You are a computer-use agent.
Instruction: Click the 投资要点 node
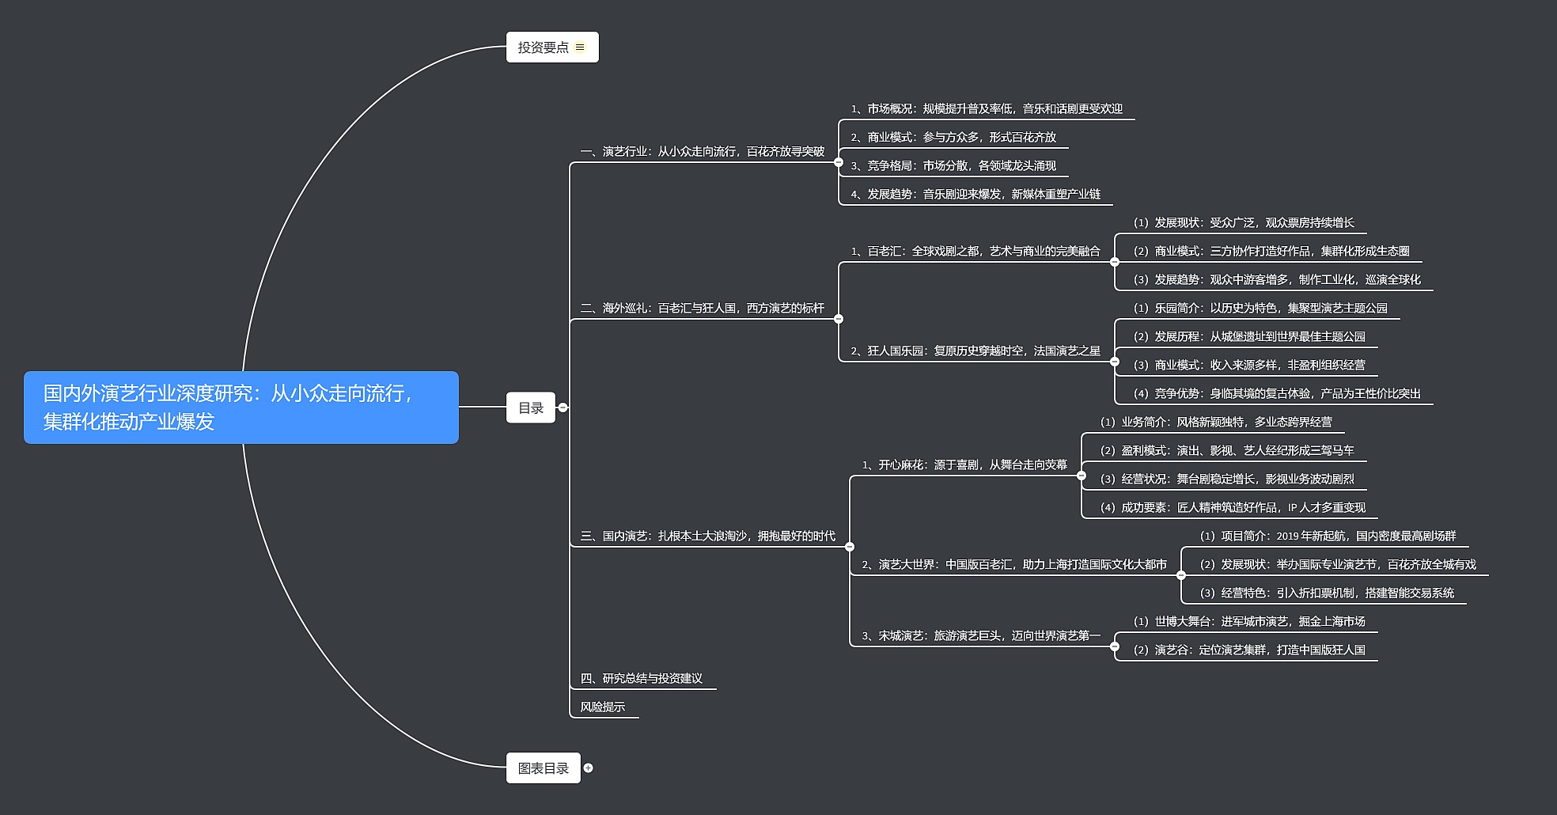544,47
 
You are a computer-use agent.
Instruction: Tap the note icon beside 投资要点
580,47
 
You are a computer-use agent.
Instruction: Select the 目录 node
531,408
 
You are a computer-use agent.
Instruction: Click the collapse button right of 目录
563,408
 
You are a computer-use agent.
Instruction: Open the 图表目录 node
544,768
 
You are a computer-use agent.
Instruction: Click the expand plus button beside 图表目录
588,768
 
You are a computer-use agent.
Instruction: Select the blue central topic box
241,407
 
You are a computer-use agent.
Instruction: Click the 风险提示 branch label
603,707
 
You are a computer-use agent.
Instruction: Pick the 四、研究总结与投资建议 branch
642,679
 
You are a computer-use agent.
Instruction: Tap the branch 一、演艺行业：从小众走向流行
703,152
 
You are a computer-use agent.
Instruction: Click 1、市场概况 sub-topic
987,109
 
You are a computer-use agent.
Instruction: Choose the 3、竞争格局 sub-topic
953,166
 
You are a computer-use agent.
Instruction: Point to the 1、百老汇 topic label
975,252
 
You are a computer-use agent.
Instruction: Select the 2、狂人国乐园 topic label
975,351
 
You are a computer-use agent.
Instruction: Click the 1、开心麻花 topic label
964,465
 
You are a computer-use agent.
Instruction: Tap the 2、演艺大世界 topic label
1014,565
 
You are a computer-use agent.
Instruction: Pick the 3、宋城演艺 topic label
981,636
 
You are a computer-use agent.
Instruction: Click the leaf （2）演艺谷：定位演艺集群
1249,650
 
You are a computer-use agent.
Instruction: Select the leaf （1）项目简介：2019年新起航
1328,536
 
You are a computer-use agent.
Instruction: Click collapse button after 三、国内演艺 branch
850,547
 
